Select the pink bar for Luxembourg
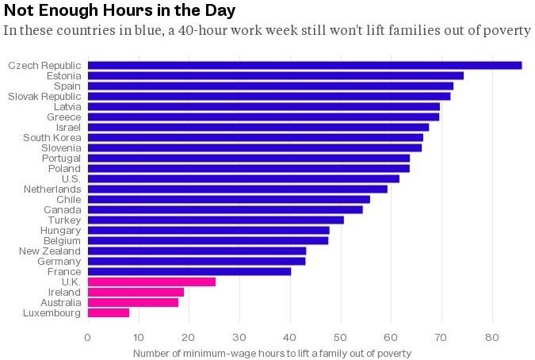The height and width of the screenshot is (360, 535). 109,313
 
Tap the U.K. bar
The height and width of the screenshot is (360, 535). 151,281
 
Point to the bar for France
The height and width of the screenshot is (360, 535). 189,271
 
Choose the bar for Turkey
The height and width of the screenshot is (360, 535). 216,220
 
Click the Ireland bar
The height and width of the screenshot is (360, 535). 136,292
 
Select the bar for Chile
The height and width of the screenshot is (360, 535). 229,199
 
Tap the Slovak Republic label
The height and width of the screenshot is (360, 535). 44,96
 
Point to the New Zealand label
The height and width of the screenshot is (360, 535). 50,251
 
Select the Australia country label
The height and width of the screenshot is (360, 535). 59,302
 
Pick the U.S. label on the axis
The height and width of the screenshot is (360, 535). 71,178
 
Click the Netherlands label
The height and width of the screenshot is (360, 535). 52,189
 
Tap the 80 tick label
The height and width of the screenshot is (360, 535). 492,336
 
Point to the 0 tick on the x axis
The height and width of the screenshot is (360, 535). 88,336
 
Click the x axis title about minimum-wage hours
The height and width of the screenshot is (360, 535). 273,353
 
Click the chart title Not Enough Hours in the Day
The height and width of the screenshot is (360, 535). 119,10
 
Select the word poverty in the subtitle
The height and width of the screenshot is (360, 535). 504,31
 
